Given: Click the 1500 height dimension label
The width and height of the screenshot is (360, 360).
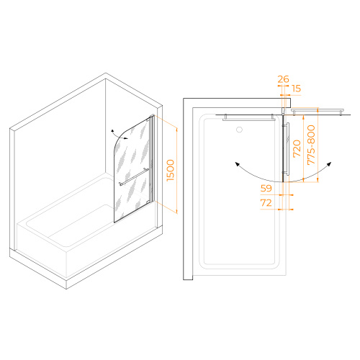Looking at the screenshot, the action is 171,170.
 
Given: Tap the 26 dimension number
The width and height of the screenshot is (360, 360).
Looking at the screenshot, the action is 283,79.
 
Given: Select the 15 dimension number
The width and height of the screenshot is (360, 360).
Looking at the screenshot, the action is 297,89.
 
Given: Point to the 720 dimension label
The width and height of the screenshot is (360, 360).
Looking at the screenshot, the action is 297,148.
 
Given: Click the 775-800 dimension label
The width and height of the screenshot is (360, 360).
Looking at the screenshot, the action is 311,145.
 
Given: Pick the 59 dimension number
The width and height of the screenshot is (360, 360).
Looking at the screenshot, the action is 266,188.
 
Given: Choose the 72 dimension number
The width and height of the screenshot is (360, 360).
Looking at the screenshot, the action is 266,203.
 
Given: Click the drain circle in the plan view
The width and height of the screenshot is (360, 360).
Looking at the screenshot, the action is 239,130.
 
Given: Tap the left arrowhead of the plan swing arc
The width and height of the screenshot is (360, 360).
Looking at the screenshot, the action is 237,164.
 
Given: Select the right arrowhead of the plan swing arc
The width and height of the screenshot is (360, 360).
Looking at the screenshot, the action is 329,164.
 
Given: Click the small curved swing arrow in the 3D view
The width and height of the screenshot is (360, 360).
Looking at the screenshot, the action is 119,135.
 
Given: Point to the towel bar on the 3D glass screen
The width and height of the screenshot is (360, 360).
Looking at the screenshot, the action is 134,177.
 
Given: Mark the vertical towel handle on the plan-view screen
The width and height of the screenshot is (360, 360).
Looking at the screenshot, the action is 287,148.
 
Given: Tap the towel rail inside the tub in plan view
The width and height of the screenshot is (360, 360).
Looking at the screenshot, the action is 248,117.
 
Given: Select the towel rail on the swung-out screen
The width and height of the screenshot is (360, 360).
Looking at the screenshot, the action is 318,111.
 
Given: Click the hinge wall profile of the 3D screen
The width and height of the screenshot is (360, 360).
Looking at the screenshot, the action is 152,158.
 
